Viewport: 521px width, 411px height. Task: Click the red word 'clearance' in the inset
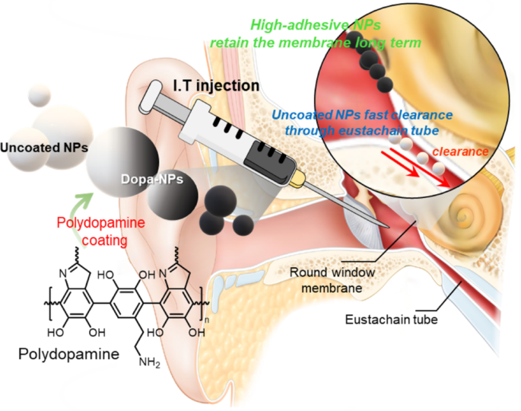coord(460,151)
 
